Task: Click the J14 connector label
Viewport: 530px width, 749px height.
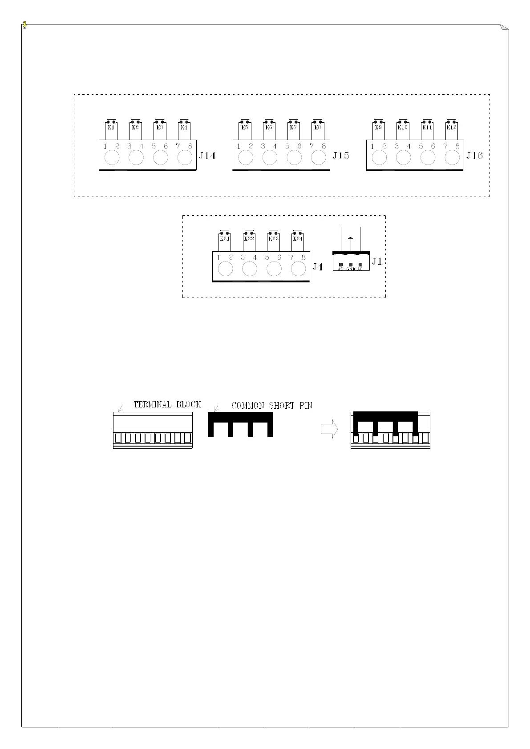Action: [207, 156]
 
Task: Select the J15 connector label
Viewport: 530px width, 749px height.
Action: [341, 156]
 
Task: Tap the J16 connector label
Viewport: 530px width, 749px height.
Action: [474, 156]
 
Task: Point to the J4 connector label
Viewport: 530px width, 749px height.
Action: [317, 267]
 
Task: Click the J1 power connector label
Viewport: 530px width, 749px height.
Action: [377, 261]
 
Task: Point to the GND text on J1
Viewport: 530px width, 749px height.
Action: [351, 269]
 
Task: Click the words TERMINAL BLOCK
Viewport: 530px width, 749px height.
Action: [167, 404]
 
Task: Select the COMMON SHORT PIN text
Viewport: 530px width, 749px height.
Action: [272, 406]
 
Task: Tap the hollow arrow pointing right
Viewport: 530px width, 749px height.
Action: [329, 430]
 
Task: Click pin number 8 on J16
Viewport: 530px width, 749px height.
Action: [457, 146]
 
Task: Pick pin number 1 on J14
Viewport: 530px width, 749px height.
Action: [105, 146]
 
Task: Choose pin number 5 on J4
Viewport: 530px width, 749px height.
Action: [267, 257]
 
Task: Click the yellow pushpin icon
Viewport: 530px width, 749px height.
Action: [25, 25]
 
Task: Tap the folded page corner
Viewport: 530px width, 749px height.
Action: [504, 28]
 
